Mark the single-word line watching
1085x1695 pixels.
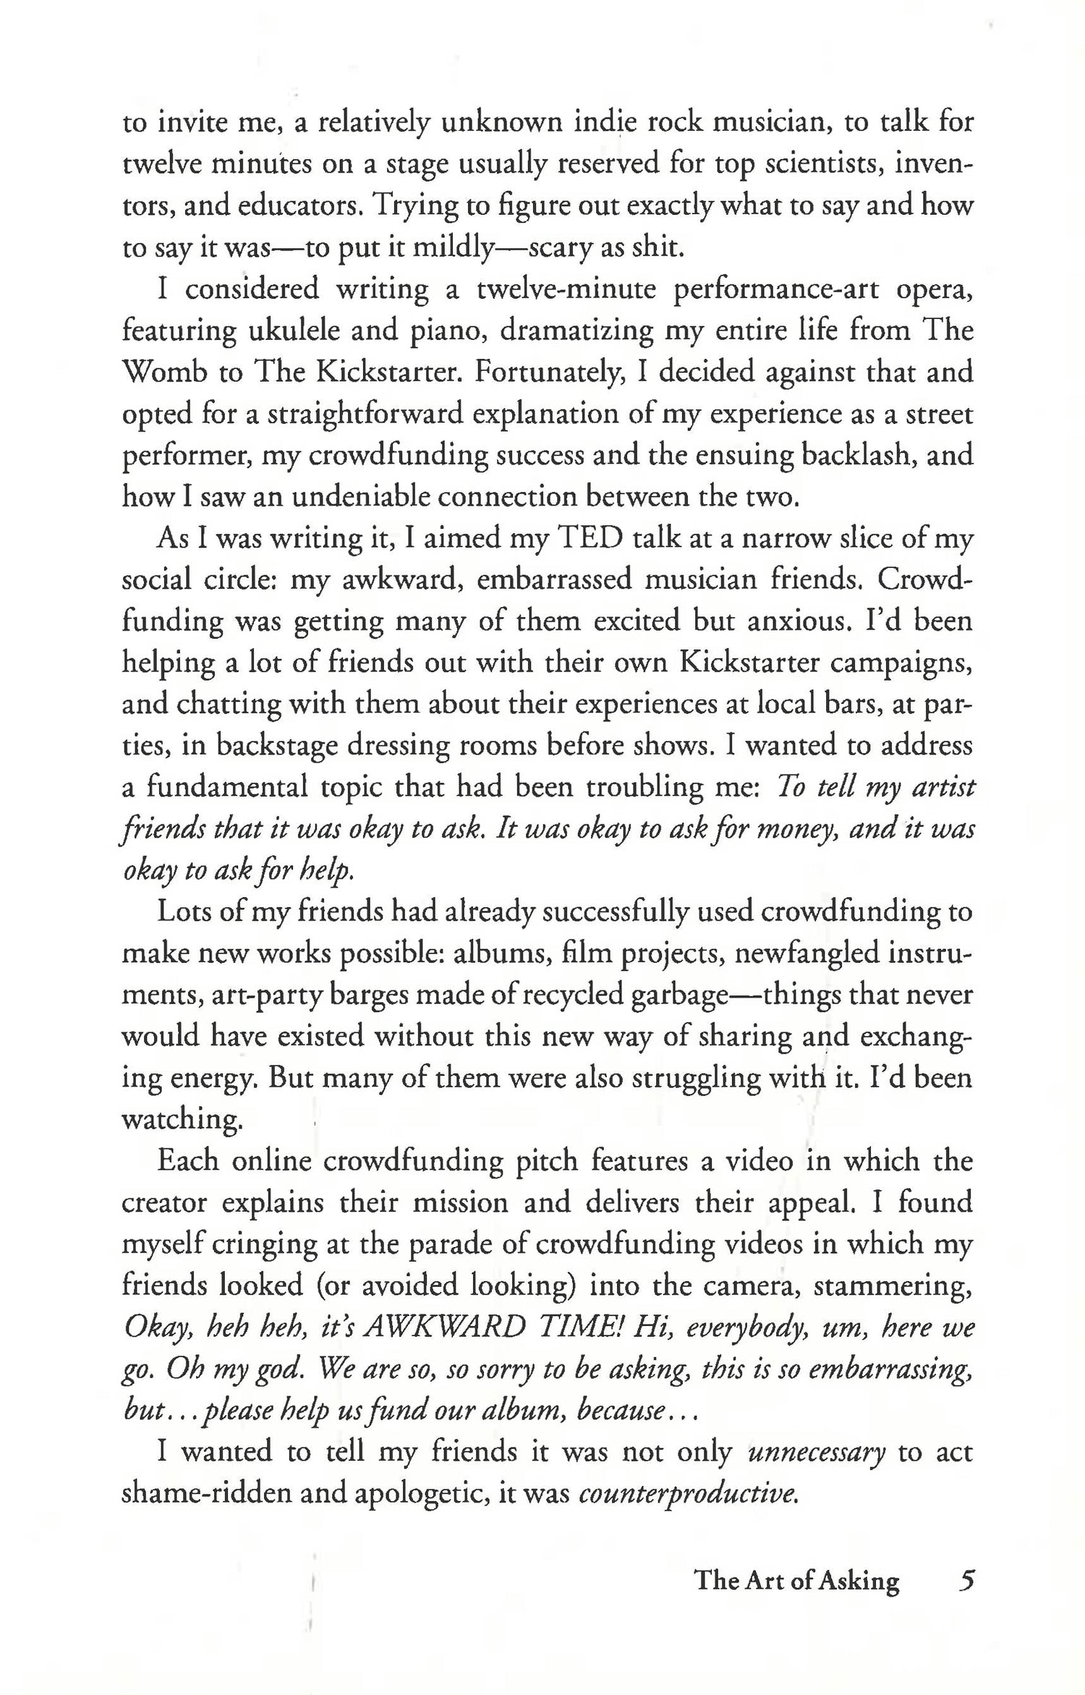[x=181, y=1120]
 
